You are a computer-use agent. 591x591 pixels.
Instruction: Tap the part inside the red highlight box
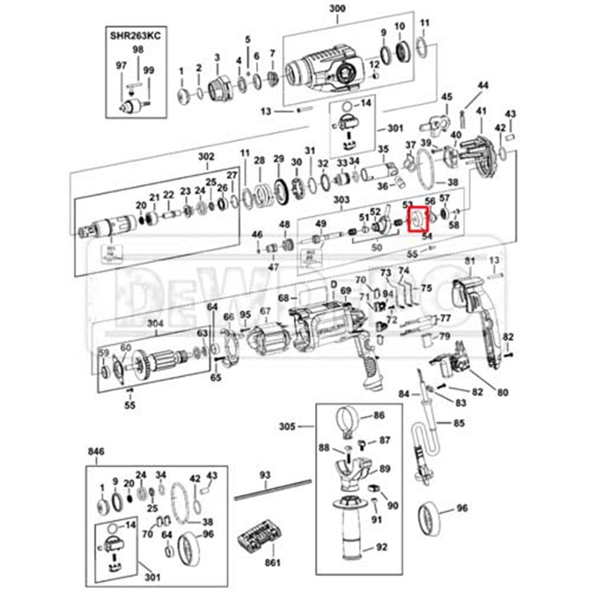pyautogui.click(x=417, y=219)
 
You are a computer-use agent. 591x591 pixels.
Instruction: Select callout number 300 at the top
pyautogui.click(x=338, y=8)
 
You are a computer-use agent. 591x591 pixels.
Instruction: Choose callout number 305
pyautogui.click(x=287, y=425)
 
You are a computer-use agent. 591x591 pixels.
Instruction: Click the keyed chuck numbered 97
pyautogui.click(x=130, y=106)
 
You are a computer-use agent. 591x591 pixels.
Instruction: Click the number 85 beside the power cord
pyautogui.click(x=459, y=423)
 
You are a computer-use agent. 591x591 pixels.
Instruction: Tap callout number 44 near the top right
pyautogui.click(x=483, y=85)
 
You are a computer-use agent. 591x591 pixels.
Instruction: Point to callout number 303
pyautogui.click(x=340, y=199)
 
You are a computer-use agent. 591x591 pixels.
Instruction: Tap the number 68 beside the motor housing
pyautogui.click(x=283, y=298)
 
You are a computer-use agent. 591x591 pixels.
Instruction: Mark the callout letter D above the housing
pyautogui.click(x=334, y=284)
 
